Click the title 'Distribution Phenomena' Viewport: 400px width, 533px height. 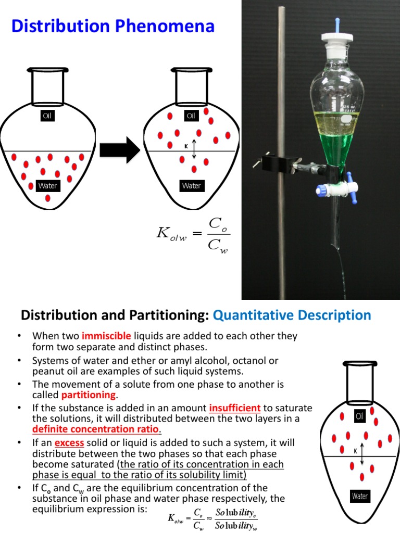(113, 26)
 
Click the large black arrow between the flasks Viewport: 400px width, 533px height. (119, 150)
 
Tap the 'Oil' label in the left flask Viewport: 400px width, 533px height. (47, 116)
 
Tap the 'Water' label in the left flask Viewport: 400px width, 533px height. (47, 186)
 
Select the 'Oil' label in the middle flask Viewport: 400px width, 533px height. (191, 116)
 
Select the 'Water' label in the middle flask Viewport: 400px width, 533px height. (191, 186)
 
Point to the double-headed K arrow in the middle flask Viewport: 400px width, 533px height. (194, 149)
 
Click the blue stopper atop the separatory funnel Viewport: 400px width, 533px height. (337, 24)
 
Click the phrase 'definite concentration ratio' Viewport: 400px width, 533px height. (96, 429)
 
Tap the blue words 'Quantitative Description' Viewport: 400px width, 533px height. (292, 315)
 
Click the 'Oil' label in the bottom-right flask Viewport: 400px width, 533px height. (360, 416)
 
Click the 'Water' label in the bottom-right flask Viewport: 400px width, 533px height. (360, 496)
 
